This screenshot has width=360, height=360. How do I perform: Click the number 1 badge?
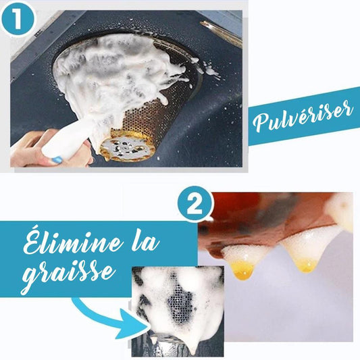point(18,19)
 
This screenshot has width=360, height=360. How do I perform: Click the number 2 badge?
point(196,205)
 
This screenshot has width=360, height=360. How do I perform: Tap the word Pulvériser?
point(303,115)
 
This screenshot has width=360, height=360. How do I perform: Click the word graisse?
point(68,276)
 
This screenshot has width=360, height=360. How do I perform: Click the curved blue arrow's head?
point(132,324)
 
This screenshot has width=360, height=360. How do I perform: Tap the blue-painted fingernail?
point(57,159)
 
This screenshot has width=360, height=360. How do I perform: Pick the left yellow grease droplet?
point(244,270)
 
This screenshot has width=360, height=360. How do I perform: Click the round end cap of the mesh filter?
point(124,149)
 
